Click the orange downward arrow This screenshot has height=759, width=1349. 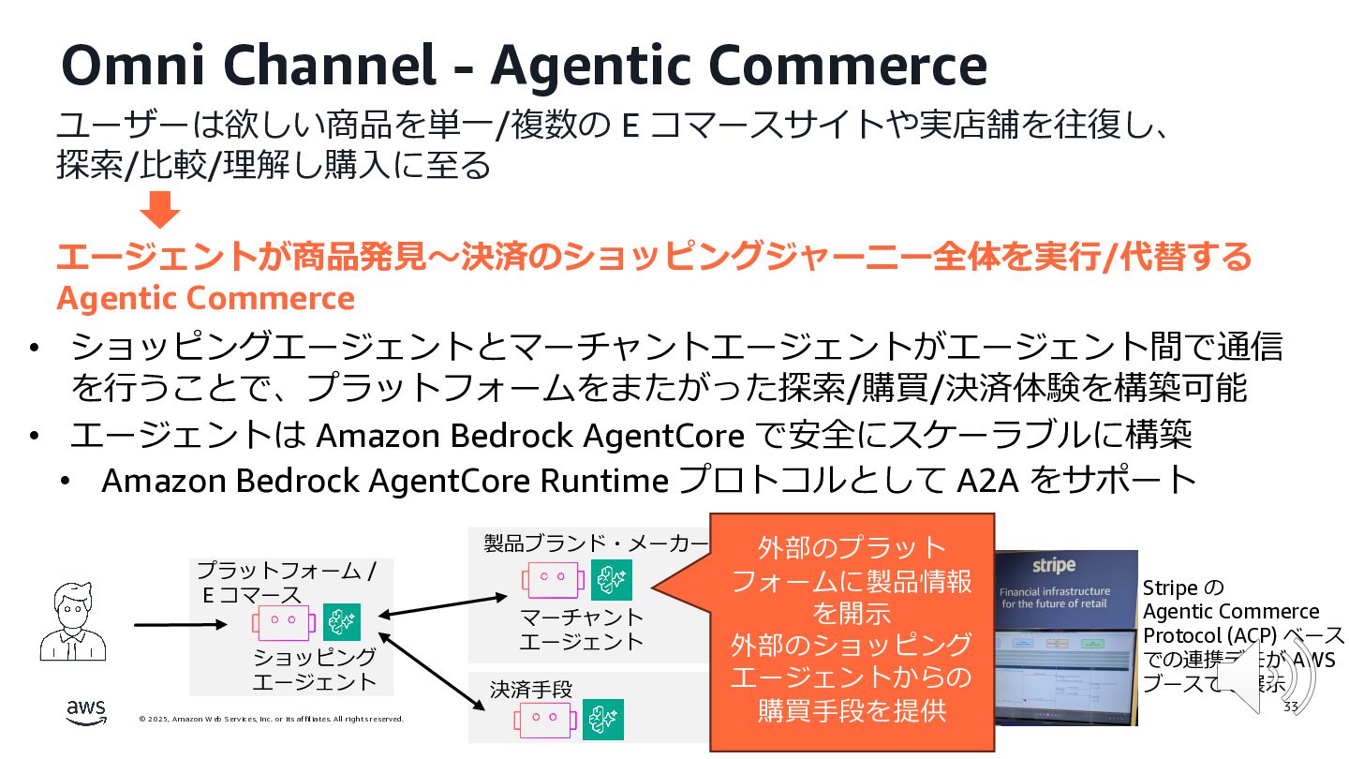pos(164,209)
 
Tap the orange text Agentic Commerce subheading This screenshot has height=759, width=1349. pos(205,298)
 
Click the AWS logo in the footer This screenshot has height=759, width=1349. pos(86,712)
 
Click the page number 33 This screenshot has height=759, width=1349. pos(1291,707)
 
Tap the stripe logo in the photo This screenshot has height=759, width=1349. pos(1054,565)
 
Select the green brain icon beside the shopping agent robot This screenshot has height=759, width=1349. pos(342,622)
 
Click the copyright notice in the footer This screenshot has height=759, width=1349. pos(271,719)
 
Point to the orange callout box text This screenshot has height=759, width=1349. pos(851,629)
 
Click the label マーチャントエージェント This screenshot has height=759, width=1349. pos(582,629)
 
